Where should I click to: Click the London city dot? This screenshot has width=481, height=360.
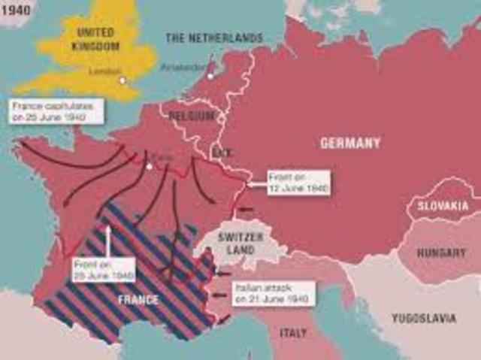point(123,80)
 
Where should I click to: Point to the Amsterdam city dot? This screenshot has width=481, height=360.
point(211,75)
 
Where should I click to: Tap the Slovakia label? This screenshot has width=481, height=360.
point(443,206)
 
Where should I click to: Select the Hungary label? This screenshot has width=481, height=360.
point(442,253)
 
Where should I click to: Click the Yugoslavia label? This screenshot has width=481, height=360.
point(424,318)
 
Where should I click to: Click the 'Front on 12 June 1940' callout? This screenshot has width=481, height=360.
point(298,183)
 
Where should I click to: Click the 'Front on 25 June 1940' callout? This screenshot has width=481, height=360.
point(104,269)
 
